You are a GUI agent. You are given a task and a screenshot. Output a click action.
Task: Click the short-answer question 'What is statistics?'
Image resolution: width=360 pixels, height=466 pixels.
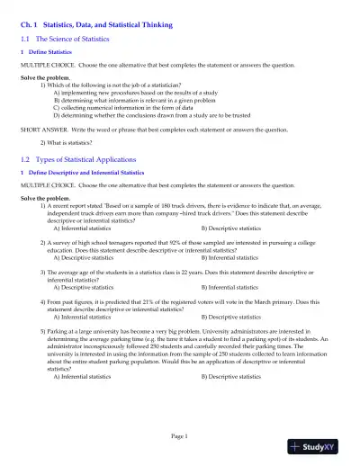(72, 142)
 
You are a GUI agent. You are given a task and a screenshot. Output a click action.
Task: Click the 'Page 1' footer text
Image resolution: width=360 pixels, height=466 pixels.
(180, 436)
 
